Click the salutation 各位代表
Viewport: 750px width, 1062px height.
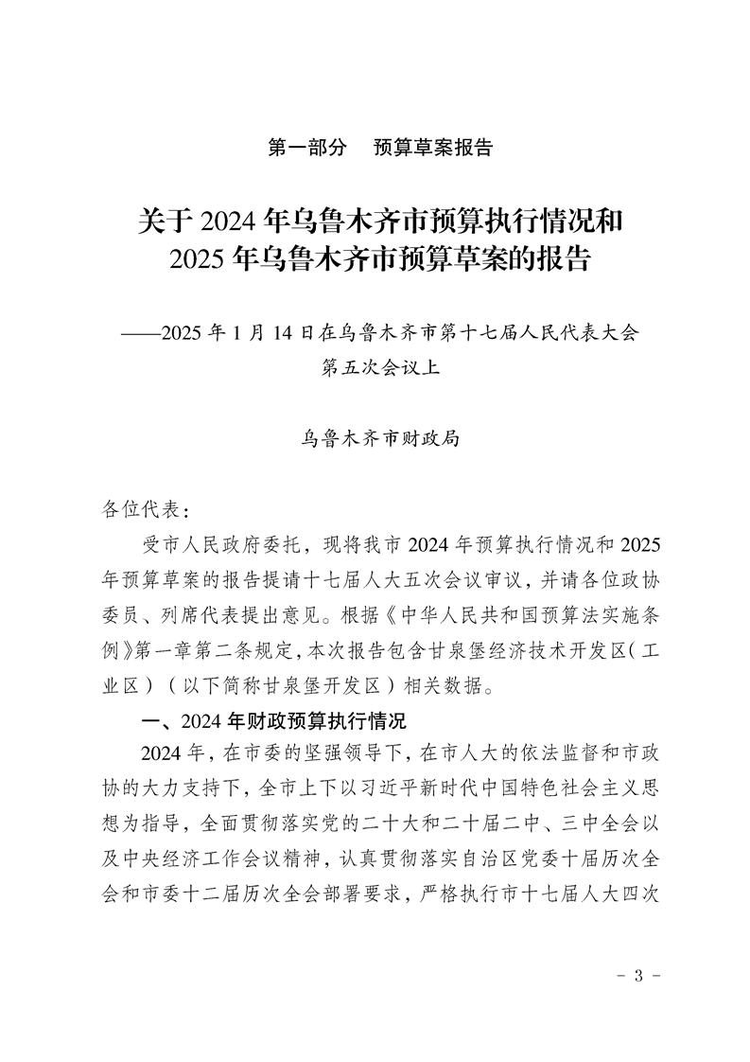(136, 511)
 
